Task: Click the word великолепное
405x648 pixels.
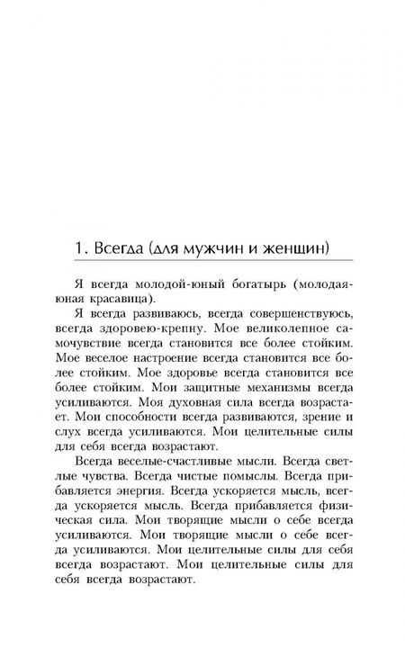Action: [274, 332]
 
